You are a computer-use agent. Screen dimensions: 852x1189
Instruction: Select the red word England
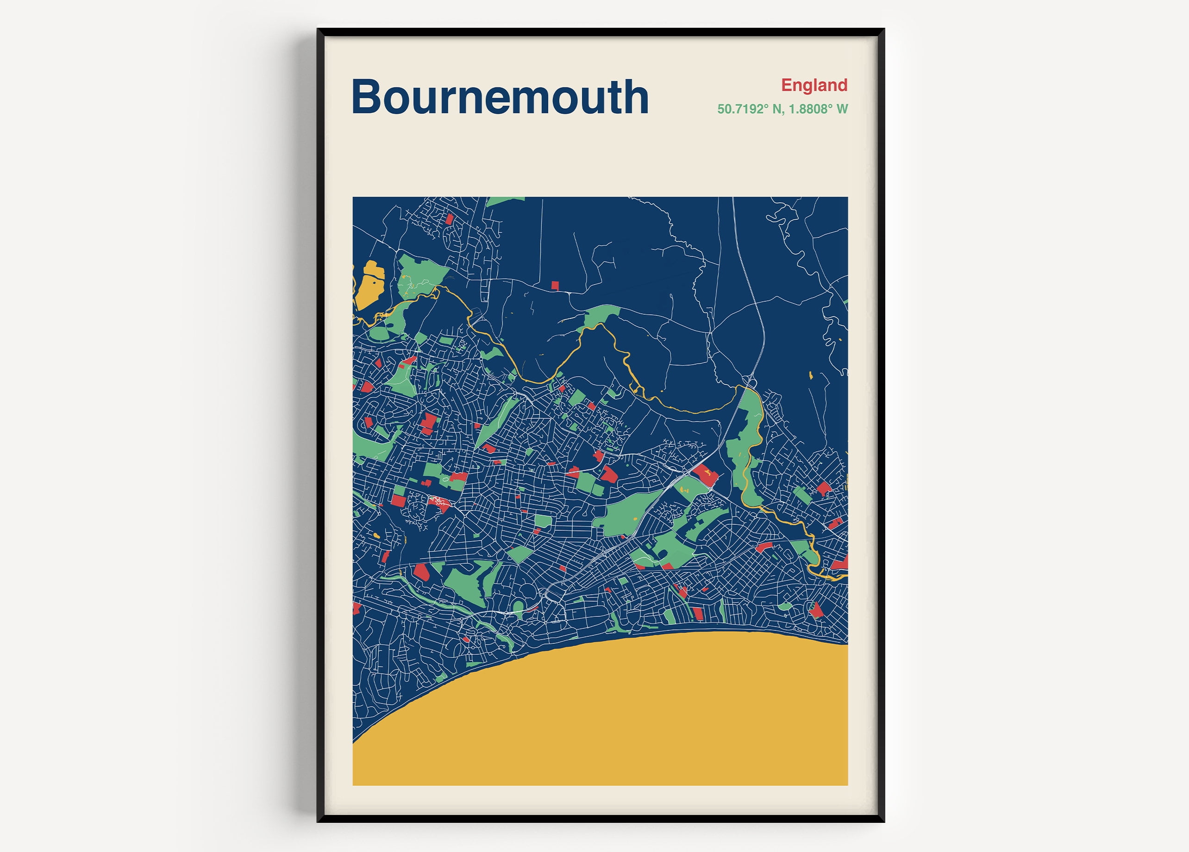814,85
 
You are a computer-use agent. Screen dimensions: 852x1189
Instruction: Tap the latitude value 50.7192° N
749,109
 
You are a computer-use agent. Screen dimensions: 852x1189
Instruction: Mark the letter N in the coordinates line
776,109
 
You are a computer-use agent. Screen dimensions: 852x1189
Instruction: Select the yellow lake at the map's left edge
370,286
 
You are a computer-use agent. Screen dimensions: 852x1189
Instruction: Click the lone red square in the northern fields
555,286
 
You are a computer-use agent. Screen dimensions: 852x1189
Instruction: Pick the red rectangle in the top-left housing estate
449,218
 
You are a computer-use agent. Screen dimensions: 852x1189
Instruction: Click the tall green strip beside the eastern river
747,445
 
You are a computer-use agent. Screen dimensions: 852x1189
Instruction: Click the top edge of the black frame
600,32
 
